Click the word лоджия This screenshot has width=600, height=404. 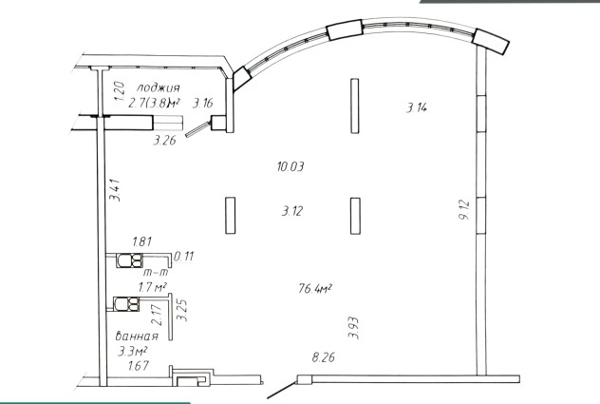[x=158, y=87]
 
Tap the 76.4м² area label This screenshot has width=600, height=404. [x=315, y=288]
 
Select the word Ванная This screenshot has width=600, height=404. [x=137, y=337]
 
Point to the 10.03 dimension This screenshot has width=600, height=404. [x=291, y=166]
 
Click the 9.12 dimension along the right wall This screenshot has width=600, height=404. [x=464, y=210]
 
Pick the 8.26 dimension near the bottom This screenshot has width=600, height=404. [x=324, y=357]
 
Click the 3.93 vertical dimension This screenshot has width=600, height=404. [x=353, y=328]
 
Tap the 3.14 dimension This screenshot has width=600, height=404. [x=417, y=107]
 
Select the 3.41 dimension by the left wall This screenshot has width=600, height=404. [x=115, y=190]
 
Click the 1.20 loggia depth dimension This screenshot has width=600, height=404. [x=120, y=91]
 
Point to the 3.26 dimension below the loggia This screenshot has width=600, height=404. [x=164, y=141]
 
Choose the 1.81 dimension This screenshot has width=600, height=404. [x=142, y=241]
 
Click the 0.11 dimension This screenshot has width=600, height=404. [x=183, y=256]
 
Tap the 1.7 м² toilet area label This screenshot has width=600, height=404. [x=152, y=287]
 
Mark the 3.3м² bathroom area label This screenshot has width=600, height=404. [x=132, y=351]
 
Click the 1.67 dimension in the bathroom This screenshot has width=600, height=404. [x=139, y=366]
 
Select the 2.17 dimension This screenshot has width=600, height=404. [x=157, y=315]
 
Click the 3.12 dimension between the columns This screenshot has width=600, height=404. [x=292, y=211]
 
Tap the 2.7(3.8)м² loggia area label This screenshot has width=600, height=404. [x=154, y=104]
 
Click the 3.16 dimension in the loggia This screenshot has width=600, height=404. [x=202, y=104]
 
